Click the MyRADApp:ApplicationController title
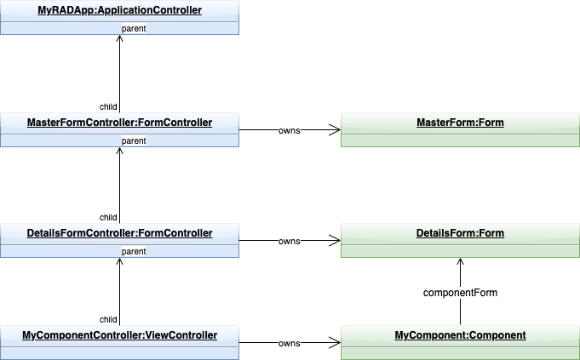119,10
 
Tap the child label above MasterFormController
108,106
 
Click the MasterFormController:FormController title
119,123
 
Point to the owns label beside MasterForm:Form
290,131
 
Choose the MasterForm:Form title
460,123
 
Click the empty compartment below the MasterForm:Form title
460,140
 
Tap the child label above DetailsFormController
108,217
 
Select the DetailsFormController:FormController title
119,233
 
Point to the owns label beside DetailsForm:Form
290,242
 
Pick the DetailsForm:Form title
460,233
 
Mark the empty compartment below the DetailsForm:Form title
460,251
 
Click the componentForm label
460,292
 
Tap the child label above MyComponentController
108,319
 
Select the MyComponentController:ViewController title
119,335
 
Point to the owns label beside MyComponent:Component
290,344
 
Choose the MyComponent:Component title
460,335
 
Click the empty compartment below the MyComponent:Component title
460,352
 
